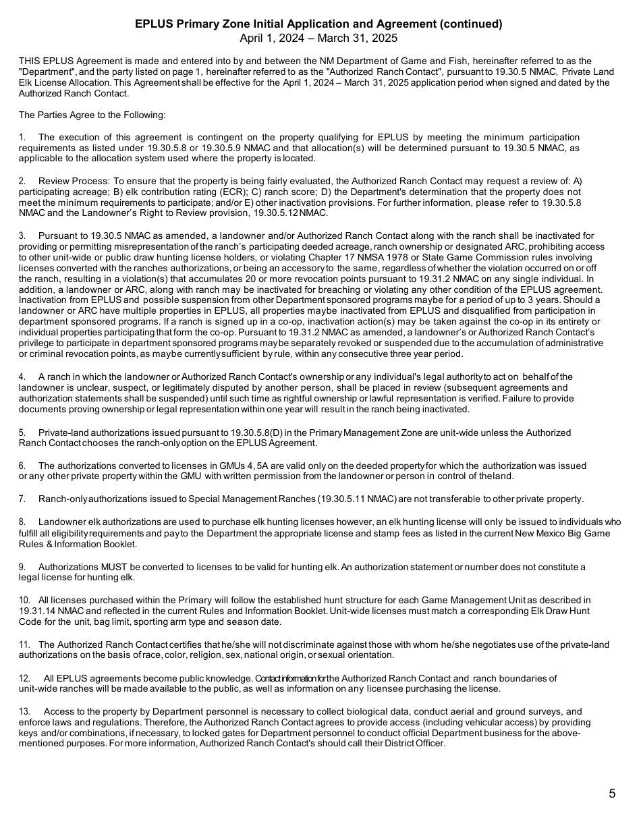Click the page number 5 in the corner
coord(612,794)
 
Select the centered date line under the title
coord(318,38)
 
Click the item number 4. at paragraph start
coord(22,377)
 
